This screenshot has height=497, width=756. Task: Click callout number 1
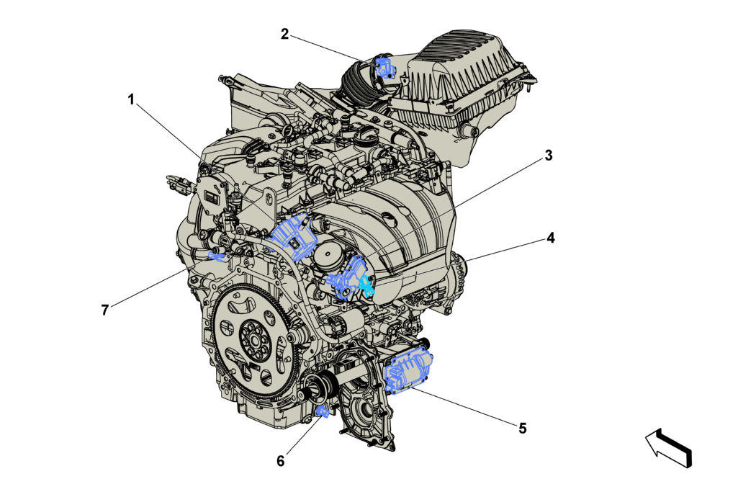(130, 100)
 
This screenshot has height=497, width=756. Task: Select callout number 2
(285, 35)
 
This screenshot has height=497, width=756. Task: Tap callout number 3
(549, 156)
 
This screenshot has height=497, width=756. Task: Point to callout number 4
(550, 238)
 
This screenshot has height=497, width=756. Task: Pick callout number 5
(523, 428)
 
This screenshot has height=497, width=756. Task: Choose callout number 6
(281, 461)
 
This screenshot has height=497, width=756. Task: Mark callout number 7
(104, 310)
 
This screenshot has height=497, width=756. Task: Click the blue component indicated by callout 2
(384, 68)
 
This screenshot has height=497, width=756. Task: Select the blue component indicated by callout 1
(292, 236)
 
